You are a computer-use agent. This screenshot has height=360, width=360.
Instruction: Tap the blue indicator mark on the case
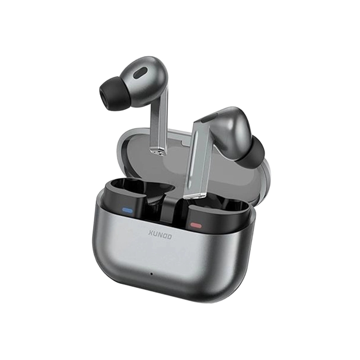coord(127,210)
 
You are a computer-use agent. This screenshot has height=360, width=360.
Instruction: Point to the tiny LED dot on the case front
coord(152,274)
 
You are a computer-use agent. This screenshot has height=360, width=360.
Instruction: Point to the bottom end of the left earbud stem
coord(159,154)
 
